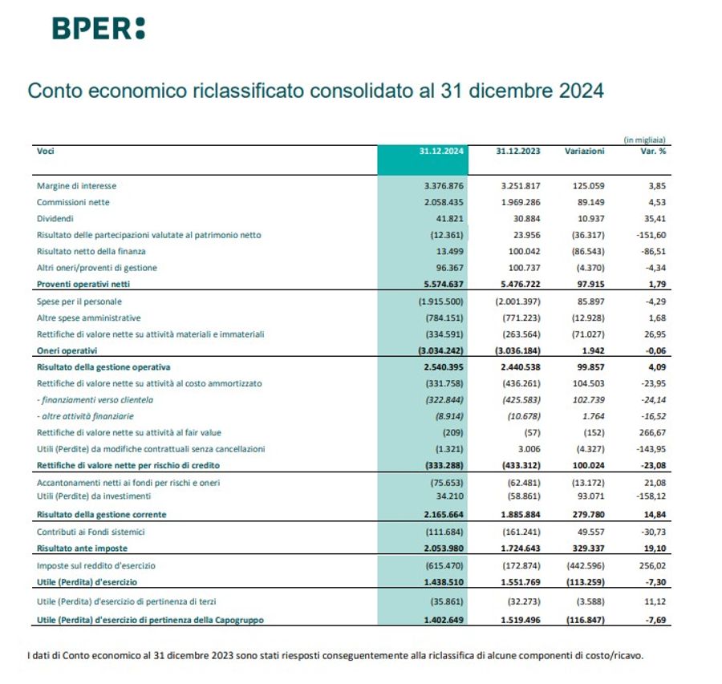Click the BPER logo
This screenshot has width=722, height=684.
tap(99, 28)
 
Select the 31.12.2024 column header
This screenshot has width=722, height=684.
tap(442, 151)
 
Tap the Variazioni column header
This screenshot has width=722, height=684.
tap(584, 151)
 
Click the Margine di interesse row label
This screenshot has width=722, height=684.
tap(76, 186)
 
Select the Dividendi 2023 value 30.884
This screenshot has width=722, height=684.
tap(523, 218)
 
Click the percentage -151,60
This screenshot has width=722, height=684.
tap(650, 235)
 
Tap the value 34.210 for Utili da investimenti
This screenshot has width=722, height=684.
tap(449, 498)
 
